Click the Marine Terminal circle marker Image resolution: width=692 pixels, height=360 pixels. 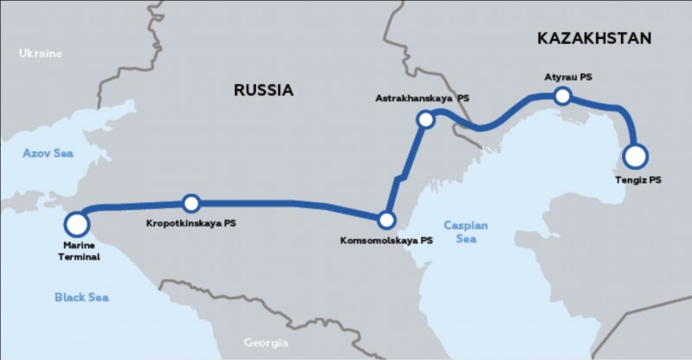[x=76, y=224]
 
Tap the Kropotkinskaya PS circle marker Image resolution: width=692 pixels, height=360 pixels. [x=191, y=203]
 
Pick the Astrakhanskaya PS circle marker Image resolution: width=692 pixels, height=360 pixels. [x=425, y=119]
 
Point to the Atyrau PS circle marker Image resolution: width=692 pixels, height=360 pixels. [x=562, y=96]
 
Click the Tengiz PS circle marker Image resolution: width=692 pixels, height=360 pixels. [x=635, y=156]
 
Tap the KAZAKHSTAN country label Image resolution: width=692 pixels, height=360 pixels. [x=593, y=38]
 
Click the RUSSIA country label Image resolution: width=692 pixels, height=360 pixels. [x=264, y=89]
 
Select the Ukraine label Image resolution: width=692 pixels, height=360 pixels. [x=41, y=54]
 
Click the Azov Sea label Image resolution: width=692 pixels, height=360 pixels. [x=48, y=153]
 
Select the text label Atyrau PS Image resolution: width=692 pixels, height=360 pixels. [x=568, y=77]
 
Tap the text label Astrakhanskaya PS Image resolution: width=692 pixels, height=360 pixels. [x=422, y=99]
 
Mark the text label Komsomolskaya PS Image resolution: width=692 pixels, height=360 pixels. [x=387, y=241]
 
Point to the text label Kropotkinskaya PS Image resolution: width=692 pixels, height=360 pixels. [x=192, y=223]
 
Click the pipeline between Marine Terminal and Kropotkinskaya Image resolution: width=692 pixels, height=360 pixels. [x=134, y=206]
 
